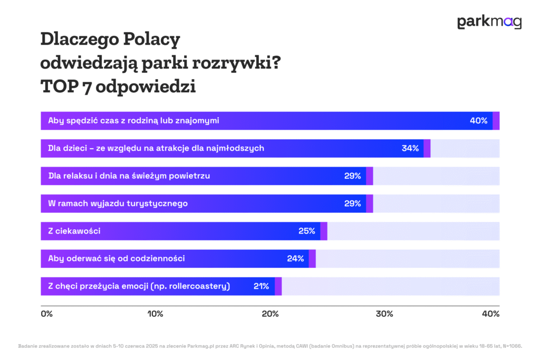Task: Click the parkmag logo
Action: (x=489, y=22)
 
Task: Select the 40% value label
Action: (x=478, y=121)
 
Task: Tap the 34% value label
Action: (x=410, y=148)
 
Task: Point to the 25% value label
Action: (x=306, y=231)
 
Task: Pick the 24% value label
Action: (x=295, y=258)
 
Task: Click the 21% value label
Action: (x=261, y=286)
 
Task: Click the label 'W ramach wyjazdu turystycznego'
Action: (x=118, y=203)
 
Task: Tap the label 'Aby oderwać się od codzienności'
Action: (x=116, y=258)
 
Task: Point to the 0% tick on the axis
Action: (x=46, y=314)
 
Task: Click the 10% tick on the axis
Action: (x=155, y=314)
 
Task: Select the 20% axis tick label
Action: (x=270, y=314)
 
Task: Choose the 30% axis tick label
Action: (x=384, y=314)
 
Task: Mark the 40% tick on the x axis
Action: (x=490, y=314)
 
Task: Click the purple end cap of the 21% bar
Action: (x=278, y=286)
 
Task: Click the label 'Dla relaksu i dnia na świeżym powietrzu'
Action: (x=129, y=176)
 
